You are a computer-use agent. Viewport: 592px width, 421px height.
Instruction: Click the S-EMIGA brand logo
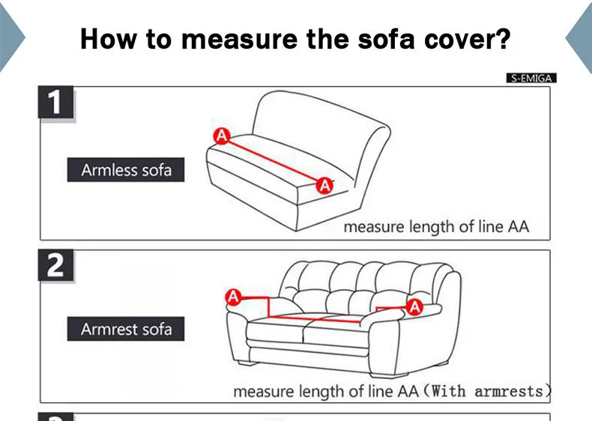pyautogui.click(x=531, y=78)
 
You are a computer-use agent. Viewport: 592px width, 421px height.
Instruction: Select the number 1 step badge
pyautogui.click(x=55, y=103)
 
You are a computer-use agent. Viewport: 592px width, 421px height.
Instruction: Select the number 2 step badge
pyautogui.click(x=55, y=266)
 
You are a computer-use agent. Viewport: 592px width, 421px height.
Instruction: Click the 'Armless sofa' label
pyautogui.click(x=126, y=170)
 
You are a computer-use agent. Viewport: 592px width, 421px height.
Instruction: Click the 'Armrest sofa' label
pyautogui.click(x=126, y=330)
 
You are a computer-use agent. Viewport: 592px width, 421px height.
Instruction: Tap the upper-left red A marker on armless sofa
pyautogui.click(x=221, y=136)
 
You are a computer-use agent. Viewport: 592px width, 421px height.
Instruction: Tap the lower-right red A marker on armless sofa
pyautogui.click(x=324, y=185)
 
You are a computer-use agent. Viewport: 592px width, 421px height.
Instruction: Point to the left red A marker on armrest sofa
pyautogui.click(x=233, y=297)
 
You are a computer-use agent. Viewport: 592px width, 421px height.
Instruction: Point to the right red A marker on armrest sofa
pyautogui.click(x=414, y=306)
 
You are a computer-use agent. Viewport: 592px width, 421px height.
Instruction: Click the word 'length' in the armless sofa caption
pyautogui.click(x=434, y=227)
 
